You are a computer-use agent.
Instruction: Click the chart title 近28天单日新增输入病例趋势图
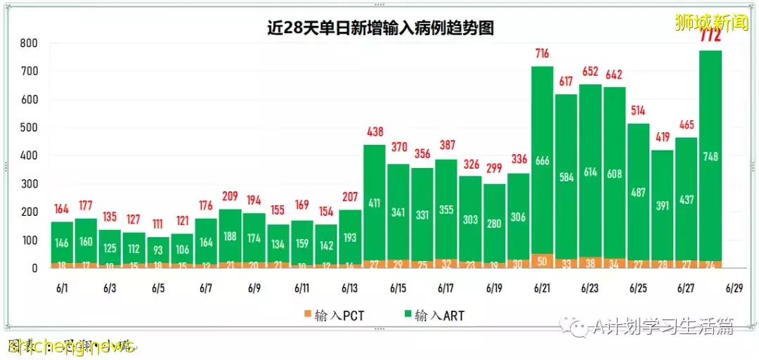pyautogui.click(x=379, y=28)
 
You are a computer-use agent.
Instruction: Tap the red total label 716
pyautogui.click(x=542, y=53)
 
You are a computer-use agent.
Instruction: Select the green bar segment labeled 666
pyautogui.click(x=542, y=160)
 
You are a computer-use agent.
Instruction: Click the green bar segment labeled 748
pyautogui.click(x=711, y=156)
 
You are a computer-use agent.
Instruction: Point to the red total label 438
pyautogui.click(x=374, y=132)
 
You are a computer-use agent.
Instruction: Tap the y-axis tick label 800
pyautogui.click(x=28, y=43)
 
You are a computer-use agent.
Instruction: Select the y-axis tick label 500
pyautogui.click(x=28, y=127)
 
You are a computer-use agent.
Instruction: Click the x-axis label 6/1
pyautogui.click(x=63, y=288)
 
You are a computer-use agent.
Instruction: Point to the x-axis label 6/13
pyautogui.click(x=350, y=288)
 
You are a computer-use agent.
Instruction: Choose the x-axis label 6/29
pyautogui.click(x=734, y=288)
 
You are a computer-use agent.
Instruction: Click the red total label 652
pyautogui.click(x=590, y=72)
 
